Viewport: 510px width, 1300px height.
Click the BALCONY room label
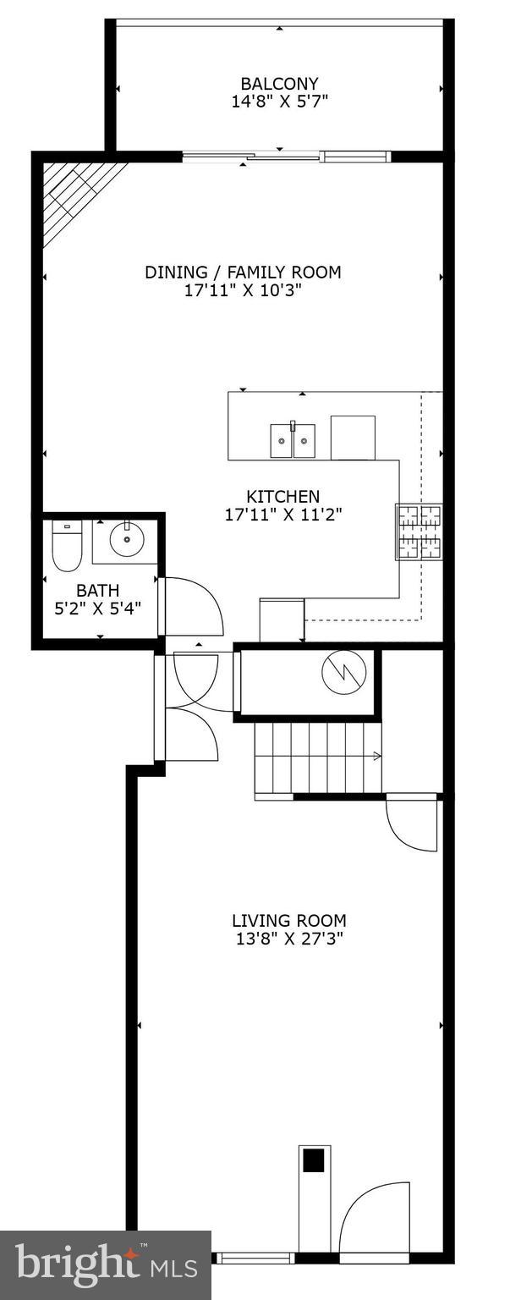279,84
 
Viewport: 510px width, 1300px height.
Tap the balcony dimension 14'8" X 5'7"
279,102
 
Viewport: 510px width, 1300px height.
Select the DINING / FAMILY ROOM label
243,273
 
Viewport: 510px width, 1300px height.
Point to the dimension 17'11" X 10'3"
243,290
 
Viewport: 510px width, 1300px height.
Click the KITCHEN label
282,497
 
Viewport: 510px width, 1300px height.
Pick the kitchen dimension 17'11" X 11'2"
282,514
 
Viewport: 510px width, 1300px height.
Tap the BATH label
97,590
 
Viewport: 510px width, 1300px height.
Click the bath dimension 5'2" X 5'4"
97,607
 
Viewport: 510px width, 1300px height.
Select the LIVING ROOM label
289,921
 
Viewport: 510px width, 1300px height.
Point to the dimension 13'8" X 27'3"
289,938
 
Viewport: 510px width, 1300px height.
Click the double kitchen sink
293,440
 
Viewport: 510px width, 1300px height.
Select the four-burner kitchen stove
419,532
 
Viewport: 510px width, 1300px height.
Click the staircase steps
317,757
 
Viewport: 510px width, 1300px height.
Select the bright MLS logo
106,1265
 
